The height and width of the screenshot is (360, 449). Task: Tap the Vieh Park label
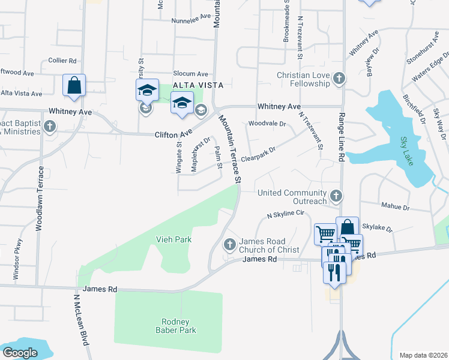(175, 239)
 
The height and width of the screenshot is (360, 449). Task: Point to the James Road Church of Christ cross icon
(229, 245)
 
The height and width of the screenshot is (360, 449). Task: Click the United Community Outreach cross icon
(337, 196)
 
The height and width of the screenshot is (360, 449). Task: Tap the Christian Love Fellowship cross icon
(339, 79)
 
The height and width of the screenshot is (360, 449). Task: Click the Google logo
(19, 353)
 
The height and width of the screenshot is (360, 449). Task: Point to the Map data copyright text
(423, 355)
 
